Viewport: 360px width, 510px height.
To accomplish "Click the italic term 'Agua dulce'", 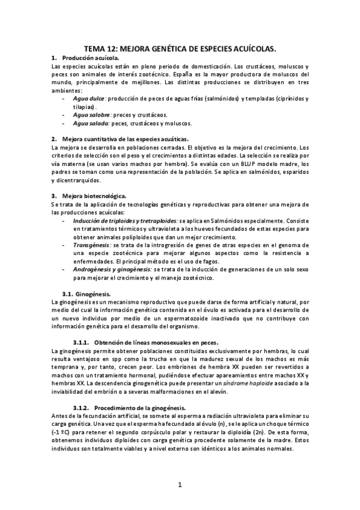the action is pyautogui.click(x=89, y=98).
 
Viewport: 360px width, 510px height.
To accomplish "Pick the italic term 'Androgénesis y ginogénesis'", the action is pyautogui.click(x=112, y=270).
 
